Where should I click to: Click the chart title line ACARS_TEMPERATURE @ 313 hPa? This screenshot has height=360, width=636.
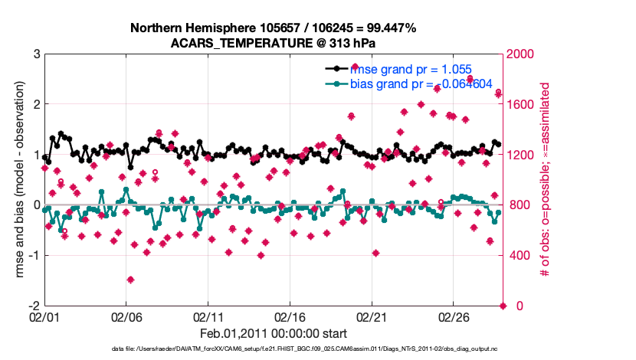pos(274,43)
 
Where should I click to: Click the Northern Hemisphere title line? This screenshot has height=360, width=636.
pos(274,28)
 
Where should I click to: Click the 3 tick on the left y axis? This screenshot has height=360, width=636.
pos(36,54)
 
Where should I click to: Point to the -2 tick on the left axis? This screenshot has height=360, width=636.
pos(34,306)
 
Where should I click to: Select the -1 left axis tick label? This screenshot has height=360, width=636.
pos(34,256)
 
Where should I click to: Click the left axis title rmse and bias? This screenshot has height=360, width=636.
pos(18,180)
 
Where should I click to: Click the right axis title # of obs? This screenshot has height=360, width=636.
pos(546,180)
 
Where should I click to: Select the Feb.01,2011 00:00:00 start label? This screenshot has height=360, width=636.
pos(274,334)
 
